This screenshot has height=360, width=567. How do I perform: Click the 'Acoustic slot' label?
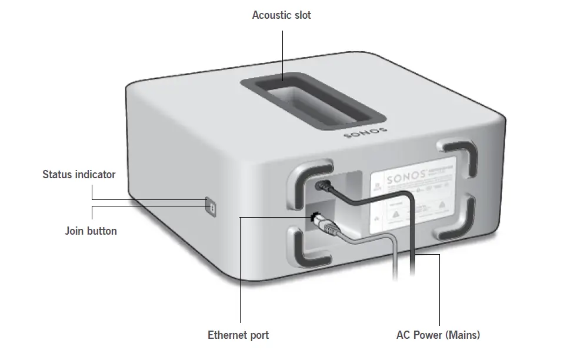281,15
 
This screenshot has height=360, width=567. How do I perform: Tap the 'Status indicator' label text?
79,174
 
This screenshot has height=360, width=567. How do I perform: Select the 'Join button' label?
91,231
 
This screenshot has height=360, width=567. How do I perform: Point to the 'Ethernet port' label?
238,335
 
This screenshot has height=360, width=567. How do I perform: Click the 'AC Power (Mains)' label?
438,335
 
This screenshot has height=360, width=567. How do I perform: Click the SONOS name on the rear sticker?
402,177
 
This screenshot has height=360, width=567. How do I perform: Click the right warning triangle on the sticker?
441,206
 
